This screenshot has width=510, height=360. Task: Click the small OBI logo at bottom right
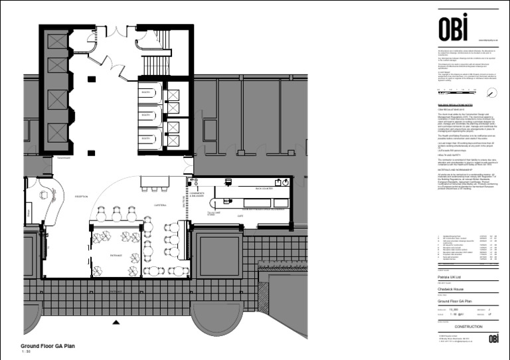(493, 339)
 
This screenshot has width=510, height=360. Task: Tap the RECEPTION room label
(82, 197)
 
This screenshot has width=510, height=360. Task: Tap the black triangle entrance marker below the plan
(117, 323)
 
